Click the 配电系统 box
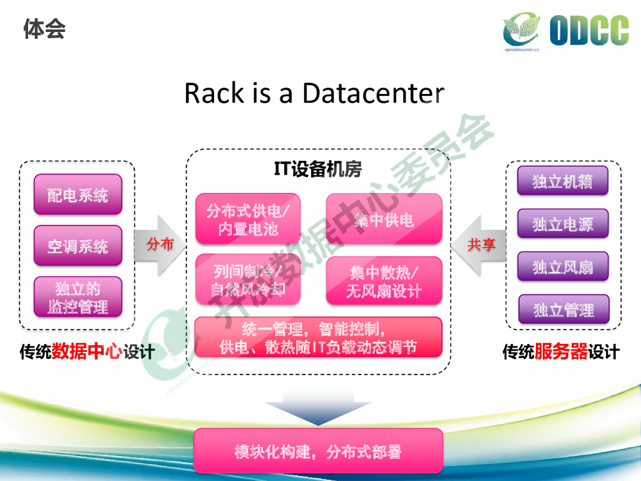pyautogui.click(x=78, y=195)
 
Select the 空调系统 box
pyautogui.click(x=78, y=246)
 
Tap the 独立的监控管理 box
pyautogui.click(x=78, y=297)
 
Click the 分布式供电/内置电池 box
pyautogui.click(x=248, y=219)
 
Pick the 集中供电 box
pyautogui.click(x=384, y=219)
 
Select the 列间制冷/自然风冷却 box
pyautogui.click(x=248, y=280)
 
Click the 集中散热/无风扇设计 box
pyautogui.click(x=384, y=281)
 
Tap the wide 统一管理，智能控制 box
pyautogui.click(x=318, y=337)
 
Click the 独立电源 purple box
pyautogui.click(x=562, y=224)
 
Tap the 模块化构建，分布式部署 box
pyautogui.click(x=318, y=451)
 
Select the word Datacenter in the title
pyautogui.click(x=373, y=93)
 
